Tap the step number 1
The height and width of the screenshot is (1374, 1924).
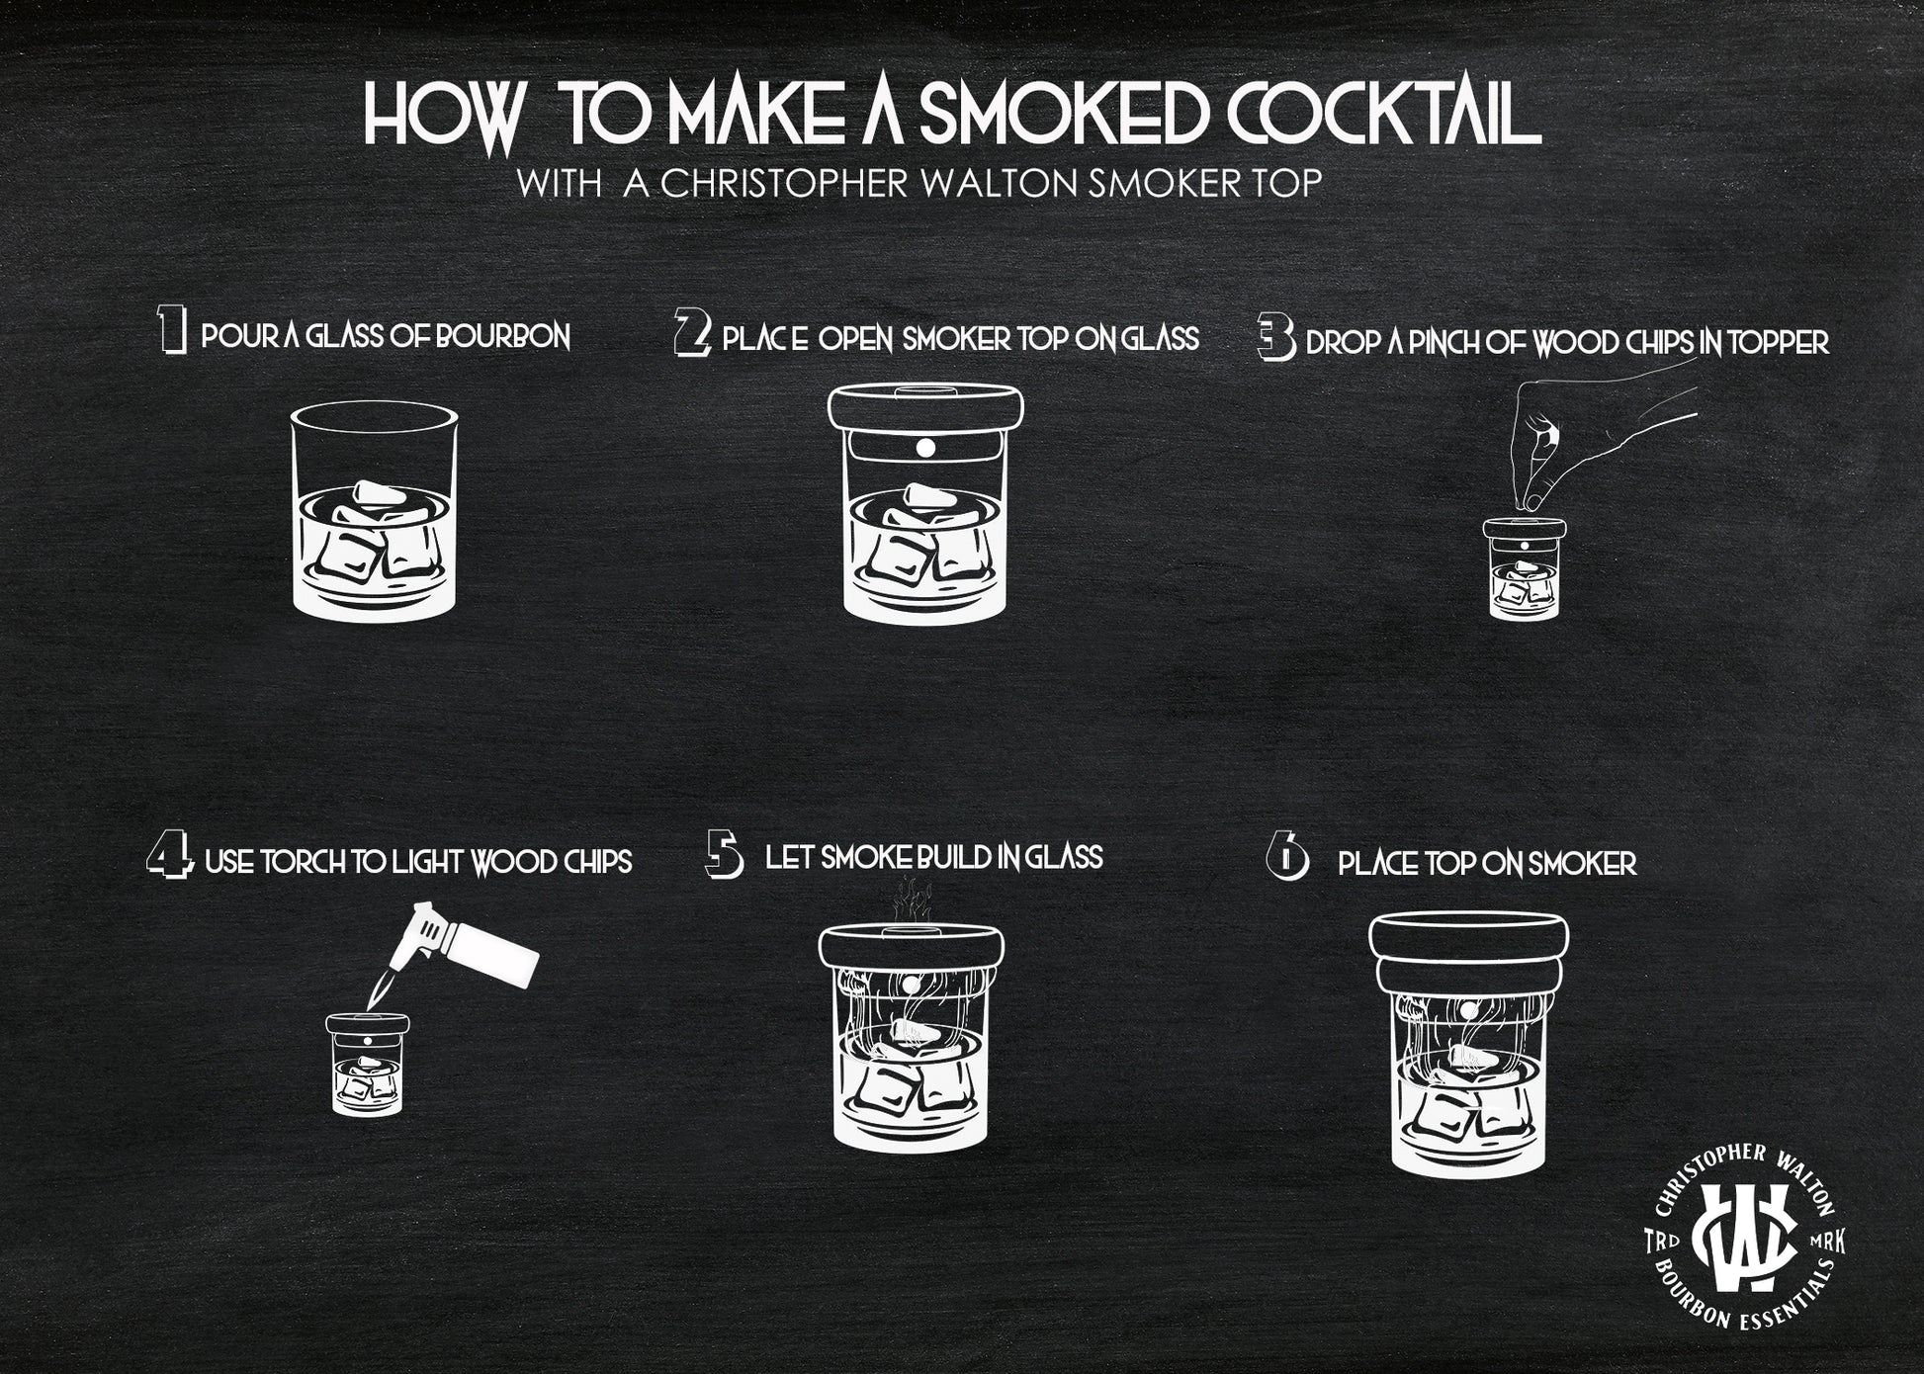click(172, 330)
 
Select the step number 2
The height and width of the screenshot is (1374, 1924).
click(692, 332)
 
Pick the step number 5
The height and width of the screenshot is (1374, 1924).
click(725, 854)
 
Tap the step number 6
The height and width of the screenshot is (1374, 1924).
click(1286, 857)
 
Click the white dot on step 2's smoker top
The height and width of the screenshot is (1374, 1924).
click(925, 448)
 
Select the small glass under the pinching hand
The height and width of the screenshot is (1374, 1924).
click(1525, 568)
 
